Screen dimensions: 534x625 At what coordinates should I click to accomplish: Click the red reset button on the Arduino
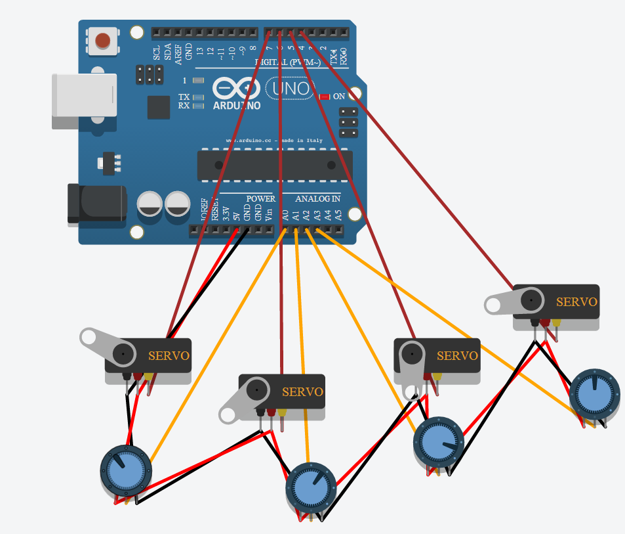point(103,41)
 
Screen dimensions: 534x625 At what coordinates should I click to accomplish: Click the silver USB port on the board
point(84,95)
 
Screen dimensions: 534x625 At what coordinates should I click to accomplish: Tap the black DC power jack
point(97,204)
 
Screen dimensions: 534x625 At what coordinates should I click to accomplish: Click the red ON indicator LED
point(323,97)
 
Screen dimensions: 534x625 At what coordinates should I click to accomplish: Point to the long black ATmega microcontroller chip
point(275,166)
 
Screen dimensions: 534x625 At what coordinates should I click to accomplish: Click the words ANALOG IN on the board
point(317,198)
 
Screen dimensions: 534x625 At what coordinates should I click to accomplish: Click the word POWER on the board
point(260,198)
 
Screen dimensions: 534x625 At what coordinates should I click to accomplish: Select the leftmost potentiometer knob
point(125,471)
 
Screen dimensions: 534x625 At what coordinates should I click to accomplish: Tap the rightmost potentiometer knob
point(594,392)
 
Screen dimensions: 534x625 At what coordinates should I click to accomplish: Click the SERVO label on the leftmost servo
point(169,356)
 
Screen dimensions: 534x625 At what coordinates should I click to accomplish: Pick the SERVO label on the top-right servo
point(576,302)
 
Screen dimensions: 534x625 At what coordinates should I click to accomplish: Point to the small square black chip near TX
point(159,107)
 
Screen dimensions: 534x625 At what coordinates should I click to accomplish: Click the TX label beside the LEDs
point(184,97)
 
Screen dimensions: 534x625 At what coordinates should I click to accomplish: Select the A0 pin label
point(285,214)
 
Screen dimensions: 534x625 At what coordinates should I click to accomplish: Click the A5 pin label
point(338,214)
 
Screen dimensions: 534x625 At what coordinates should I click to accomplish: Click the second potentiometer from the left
point(311,487)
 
